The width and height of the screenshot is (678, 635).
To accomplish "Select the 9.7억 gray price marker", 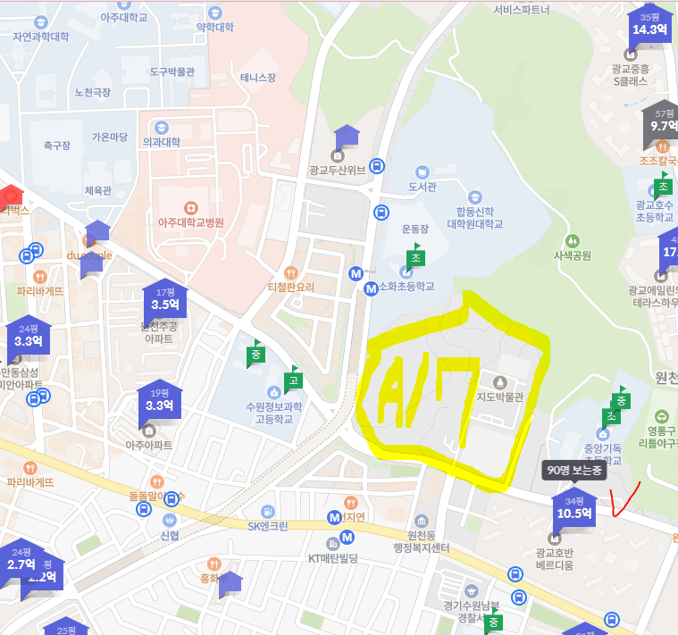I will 662,123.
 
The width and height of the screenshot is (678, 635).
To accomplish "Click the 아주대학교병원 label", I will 190,222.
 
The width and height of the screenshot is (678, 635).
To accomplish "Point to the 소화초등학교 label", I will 406,287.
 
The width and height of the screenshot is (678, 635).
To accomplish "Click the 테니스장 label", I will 258,78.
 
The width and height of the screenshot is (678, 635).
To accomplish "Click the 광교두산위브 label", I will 337,169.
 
